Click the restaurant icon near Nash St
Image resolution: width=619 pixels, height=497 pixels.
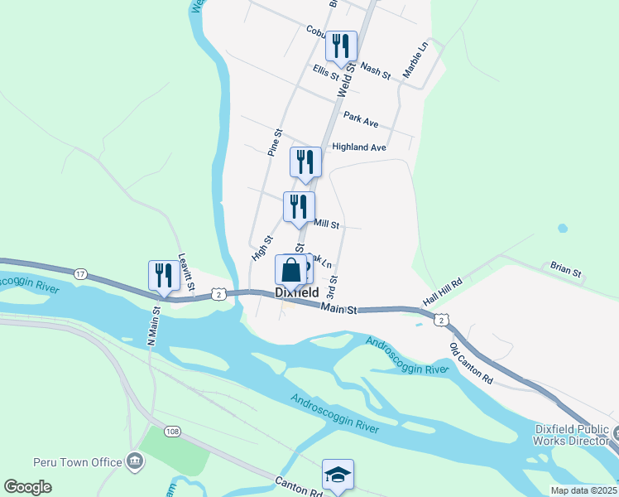click(x=340, y=46)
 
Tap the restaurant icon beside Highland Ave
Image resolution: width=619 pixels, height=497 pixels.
click(x=305, y=162)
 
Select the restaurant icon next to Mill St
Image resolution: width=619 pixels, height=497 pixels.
click(x=299, y=207)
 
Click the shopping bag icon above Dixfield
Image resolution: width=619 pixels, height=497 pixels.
click(x=290, y=270)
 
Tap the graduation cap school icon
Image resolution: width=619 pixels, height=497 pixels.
click(x=338, y=475)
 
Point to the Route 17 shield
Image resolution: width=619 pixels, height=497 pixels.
click(x=80, y=273)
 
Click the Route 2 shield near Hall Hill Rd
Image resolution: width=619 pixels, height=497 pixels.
click(x=443, y=320)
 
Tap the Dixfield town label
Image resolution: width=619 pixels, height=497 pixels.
click(x=297, y=293)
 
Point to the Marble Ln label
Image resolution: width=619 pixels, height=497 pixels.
click(x=415, y=62)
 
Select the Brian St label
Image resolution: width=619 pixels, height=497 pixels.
click(x=566, y=269)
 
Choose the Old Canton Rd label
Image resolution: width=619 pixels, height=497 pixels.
click(x=471, y=363)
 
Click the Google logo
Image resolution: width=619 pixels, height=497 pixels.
click(x=28, y=487)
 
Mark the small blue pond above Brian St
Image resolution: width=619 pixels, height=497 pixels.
click(x=563, y=228)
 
